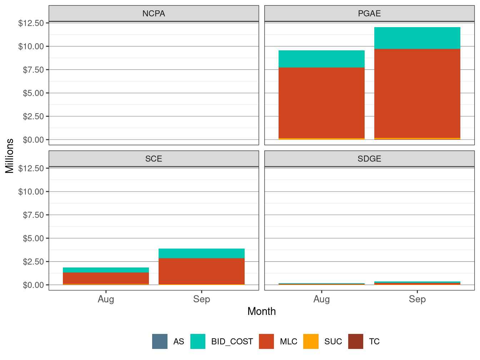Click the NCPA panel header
(x=154, y=14)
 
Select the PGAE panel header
(x=369, y=14)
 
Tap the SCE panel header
(x=154, y=159)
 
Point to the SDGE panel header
(x=369, y=159)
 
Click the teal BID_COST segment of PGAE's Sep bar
(x=417, y=38)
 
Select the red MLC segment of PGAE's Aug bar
(x=321, y=103)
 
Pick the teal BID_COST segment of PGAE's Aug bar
(x=321, y=59)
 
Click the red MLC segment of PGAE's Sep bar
(x=417, y=93)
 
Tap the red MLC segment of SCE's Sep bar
(x=201, y=271)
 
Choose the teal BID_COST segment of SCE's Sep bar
(x=201, y=253)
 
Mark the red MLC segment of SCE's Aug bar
(x=106, y=278)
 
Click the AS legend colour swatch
(x=160, y=341)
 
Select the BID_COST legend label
(x=232, y=341)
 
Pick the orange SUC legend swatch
(x=311, y=341)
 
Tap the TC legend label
(x=374, y=341)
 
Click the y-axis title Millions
(x=10, y=156)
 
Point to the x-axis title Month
(x=261, y=311)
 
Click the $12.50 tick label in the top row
(x=31, y=23)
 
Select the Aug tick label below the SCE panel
(x=106, y=299)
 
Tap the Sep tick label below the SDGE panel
(x=417, y=299)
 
